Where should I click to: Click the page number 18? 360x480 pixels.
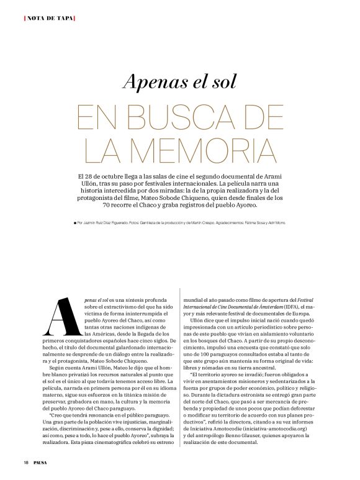click(27, 461)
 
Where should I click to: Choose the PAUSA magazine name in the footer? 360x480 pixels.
click(42, 461)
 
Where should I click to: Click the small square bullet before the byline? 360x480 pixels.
click(74, 222)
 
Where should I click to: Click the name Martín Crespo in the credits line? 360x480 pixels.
click(241, 222)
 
